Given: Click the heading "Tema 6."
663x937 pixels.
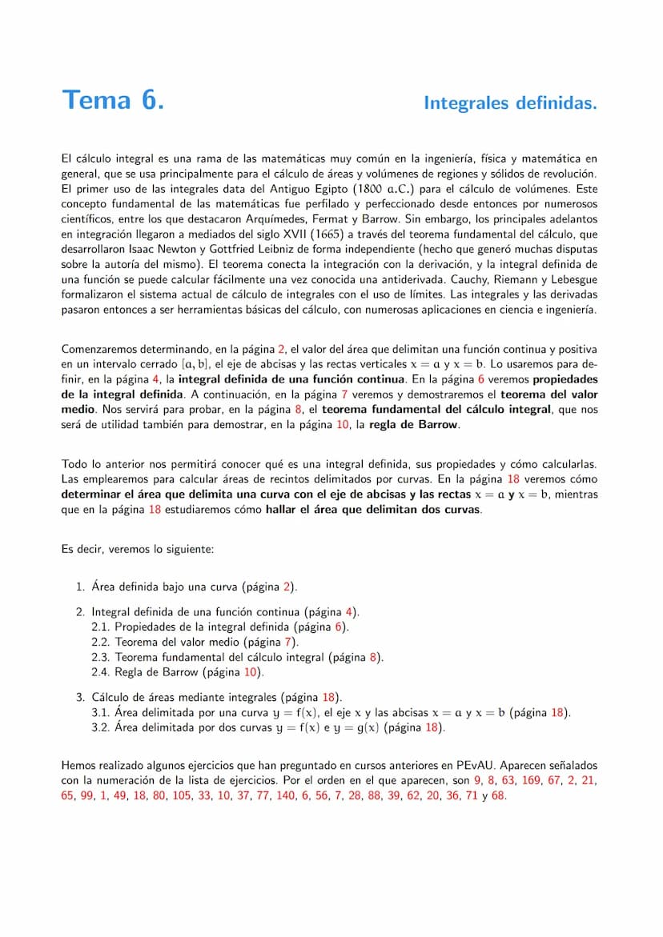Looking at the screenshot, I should [x=113, y=101].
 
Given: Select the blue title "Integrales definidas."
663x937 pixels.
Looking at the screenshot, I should [x=510, y=103].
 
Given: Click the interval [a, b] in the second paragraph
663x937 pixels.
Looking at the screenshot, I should [x=192, y=364].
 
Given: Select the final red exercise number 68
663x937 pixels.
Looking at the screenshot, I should [x=499, y=796].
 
